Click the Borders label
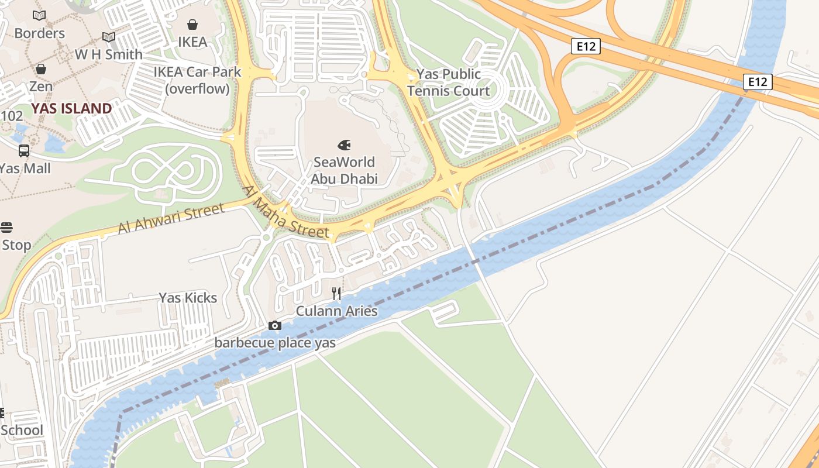39,33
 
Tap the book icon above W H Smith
109,37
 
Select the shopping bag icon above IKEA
192,25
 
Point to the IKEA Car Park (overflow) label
197,80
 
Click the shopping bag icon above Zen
41,69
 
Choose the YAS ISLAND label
71,108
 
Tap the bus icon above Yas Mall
24,151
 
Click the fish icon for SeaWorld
344,144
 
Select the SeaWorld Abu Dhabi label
344,170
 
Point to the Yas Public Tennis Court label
449,82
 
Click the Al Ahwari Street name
171,219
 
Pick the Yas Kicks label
188,298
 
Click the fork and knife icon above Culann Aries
336,294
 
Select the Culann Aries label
336,311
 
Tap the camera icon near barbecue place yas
274,326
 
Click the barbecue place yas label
275,342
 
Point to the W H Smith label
109,54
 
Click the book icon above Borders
39,16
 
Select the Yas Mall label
25,168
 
